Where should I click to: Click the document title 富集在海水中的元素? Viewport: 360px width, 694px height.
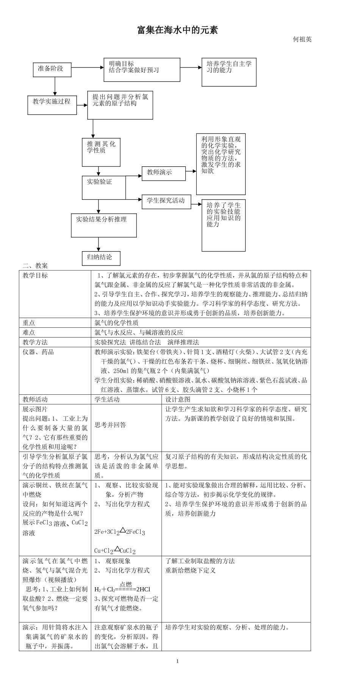(x=177, y=30)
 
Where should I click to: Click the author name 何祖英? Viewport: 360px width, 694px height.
(x=302, y=39)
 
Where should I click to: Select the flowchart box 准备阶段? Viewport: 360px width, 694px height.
(x=52, y=69)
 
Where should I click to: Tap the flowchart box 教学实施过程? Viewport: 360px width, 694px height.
(x=52, y=105)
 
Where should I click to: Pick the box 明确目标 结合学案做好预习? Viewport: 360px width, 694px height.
(x=142, y=70)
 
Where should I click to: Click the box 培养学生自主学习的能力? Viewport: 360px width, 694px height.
(x=229, y=72)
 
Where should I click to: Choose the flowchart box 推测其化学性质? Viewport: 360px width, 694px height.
(x=101, y=152)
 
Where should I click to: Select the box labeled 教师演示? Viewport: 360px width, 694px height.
(x=164, y=173)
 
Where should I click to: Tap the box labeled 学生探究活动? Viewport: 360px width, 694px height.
(x=166, y=201)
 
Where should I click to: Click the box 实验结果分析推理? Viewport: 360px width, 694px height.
(x=104, y=225)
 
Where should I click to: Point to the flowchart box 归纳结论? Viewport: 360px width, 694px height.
(x=101, y=258)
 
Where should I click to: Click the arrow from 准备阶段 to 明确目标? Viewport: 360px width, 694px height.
(x=88, y=67)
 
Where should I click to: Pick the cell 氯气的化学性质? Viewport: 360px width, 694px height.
(x=116, y=323)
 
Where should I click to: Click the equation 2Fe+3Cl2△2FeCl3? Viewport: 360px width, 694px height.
(x=120, y=532)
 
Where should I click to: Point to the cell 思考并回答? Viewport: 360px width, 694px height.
(x=110, y=425)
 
